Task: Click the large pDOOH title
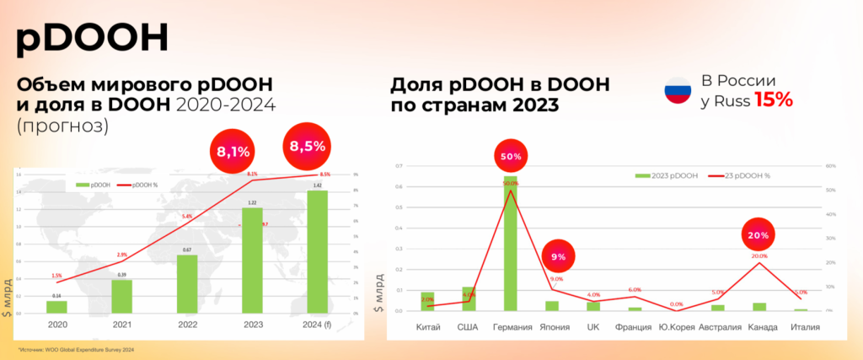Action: click(93, 37)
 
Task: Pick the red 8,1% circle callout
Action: click(233, 152)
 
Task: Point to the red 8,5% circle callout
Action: click(307, 146)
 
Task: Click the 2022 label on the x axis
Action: click(186, 325)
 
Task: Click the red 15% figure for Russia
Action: click(773, 99)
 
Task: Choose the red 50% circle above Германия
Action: click(511, 156)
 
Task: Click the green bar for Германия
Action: click(511, 244)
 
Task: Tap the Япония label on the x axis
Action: click(552, 326)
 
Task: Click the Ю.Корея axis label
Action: click(676, 326)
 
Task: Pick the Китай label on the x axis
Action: click(427, 326)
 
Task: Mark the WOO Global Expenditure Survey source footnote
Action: click(77, 349)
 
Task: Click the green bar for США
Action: click(469, 298)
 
